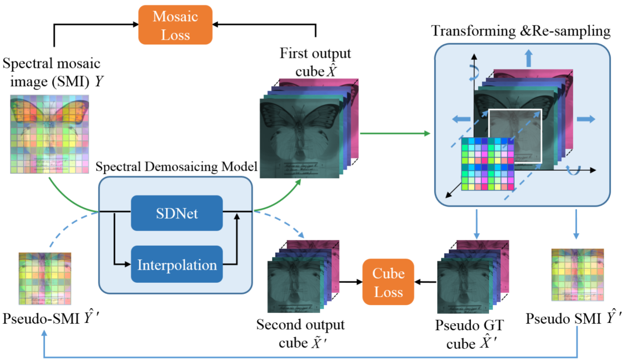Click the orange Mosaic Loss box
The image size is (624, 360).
[175, 25]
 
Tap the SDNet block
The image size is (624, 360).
[177, 213]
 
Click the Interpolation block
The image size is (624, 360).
[177, 264]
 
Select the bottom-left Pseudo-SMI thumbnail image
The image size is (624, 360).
[45, 279]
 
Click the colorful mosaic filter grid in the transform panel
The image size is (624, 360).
[488, 164]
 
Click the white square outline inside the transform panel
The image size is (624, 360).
[515, 135]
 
